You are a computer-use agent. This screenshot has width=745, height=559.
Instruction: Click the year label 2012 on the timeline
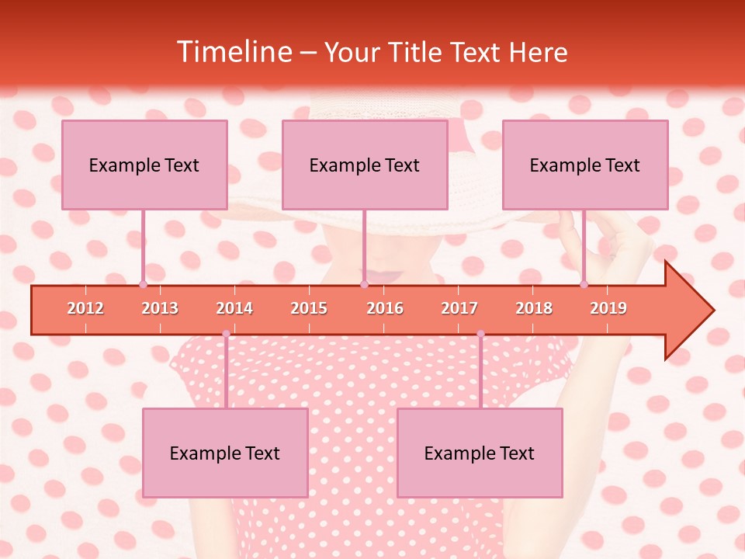[85, 308]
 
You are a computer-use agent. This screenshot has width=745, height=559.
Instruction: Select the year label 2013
[160, 308]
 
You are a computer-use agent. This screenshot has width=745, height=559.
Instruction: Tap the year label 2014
[234, 308]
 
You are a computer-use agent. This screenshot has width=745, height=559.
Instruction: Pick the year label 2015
[309, 308]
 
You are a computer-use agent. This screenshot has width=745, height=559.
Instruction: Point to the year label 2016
[385, 308]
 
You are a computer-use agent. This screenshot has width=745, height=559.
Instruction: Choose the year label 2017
[459, 308]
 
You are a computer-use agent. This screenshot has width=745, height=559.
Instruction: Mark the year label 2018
[534, 308]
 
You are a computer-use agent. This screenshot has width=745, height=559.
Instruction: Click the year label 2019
[608, 308]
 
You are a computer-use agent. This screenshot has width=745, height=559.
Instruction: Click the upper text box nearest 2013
[144, 165]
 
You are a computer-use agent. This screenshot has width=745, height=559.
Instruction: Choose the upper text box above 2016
[365, 165]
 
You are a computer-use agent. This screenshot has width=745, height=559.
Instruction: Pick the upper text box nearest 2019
[585, 165]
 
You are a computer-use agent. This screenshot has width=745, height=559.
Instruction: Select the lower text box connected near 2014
[225, 453]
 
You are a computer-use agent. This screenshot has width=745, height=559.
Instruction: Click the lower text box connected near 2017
[480, 453]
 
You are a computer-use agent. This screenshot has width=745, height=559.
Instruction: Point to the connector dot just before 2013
[143, 284]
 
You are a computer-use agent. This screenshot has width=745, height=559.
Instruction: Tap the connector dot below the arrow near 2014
[226, 334]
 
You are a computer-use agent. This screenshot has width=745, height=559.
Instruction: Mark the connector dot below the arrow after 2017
[480, 334]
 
